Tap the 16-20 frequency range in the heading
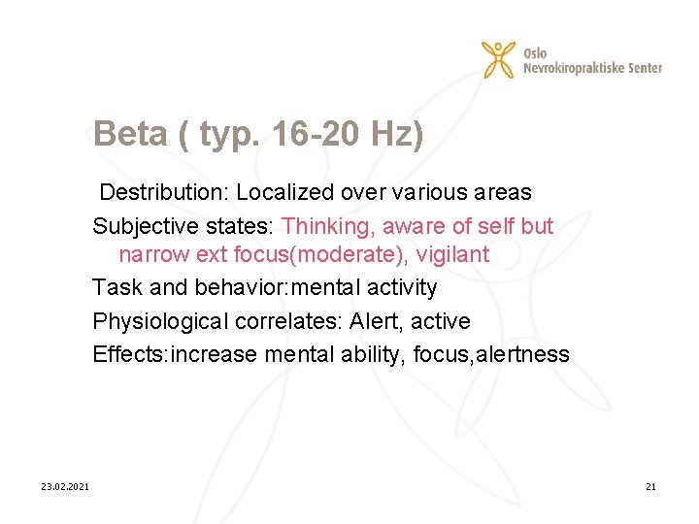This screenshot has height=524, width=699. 314,134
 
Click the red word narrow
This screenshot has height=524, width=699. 150,255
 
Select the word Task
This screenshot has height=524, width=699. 114,287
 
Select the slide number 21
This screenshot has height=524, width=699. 650,486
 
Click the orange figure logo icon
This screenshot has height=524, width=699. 499,59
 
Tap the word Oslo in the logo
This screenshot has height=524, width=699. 535,51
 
